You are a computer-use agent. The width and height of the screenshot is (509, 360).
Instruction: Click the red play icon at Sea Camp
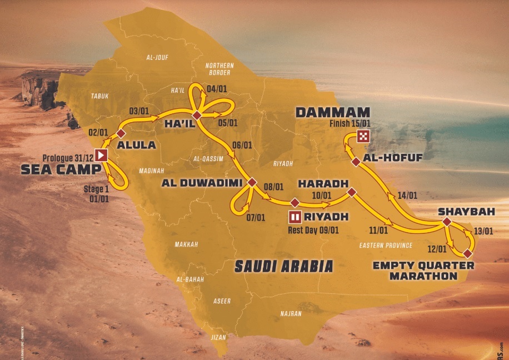102,155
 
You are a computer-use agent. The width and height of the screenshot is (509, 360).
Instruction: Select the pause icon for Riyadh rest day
295,217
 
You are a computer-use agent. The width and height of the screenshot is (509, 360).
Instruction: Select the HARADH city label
322,183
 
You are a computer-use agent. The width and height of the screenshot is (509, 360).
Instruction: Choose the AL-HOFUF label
392,158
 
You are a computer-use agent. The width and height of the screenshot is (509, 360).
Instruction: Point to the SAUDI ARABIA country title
284,266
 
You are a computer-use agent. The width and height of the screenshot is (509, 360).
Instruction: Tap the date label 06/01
242,146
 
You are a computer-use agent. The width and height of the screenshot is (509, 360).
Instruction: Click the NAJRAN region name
292,314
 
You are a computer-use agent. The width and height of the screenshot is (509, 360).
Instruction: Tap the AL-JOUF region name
157,57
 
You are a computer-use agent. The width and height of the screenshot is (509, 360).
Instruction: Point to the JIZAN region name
219,337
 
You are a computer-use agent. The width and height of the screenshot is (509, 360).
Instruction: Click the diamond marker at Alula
121,134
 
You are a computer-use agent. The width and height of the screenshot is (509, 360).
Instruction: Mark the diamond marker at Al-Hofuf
355,162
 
